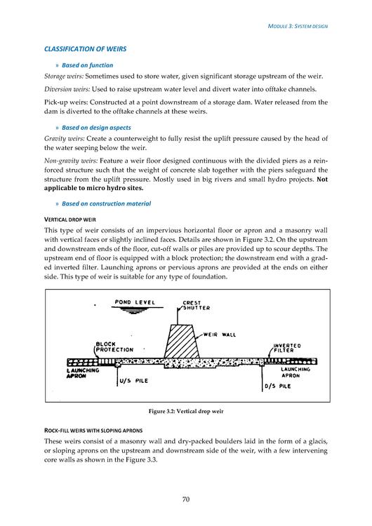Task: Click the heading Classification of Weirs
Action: point(85,49)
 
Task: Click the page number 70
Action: point(186,499)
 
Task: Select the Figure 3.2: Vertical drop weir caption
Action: point(186,411)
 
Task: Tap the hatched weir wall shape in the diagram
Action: point(181,341)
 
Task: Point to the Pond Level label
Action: point(135,302)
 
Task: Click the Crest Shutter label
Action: point(196,305)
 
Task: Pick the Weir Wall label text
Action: point(220,335)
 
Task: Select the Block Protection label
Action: point(114,347)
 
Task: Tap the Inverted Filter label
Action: point(287,348)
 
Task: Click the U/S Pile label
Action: point(133,381)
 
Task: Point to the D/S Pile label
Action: point(278,386)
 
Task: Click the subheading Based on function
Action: point(87,65)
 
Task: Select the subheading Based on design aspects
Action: point(96,128)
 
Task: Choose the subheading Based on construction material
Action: point(107,203)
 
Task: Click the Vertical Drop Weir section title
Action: point(69,220)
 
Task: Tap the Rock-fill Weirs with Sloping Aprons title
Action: point(93,431)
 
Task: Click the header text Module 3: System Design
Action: point(298,26)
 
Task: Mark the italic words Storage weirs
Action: point(64,76)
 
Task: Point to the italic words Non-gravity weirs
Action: point(71,161)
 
